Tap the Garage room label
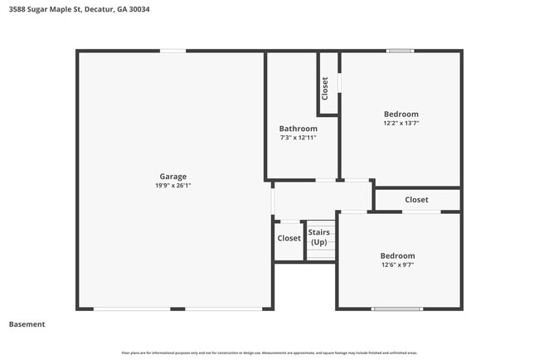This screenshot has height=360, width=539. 172,176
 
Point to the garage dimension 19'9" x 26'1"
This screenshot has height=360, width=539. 172,186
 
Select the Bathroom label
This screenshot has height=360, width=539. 298,129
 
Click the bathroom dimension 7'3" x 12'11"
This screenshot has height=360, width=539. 298,138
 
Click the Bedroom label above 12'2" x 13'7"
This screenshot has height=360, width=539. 401,114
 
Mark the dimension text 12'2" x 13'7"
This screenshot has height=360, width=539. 401,124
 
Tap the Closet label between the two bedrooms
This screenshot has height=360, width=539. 416,200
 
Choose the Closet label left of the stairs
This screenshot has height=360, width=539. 289,238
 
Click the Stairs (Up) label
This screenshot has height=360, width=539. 319,237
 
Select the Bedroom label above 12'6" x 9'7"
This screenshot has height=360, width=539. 397,255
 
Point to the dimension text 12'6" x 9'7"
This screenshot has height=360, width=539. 397,265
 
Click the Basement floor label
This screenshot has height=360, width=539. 27,324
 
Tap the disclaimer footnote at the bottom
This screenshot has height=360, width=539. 269,353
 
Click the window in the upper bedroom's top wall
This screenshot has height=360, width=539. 400,51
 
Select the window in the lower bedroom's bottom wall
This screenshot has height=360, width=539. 396,309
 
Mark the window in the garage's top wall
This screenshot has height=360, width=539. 172,51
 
